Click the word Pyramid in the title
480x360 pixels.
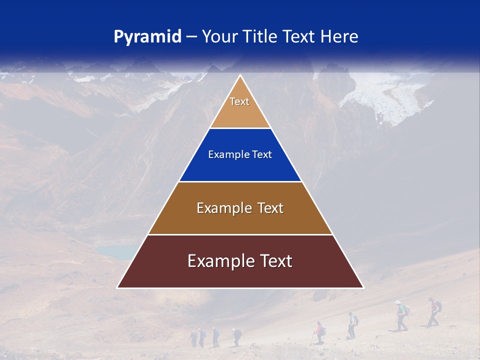(147, 37)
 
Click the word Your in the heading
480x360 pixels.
(218, 37)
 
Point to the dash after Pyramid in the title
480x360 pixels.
(191, 37)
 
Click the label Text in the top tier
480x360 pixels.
(239, 101)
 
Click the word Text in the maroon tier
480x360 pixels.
(273, 261)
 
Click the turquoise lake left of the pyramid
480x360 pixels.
(114, 252)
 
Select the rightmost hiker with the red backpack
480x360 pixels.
(434, 311)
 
